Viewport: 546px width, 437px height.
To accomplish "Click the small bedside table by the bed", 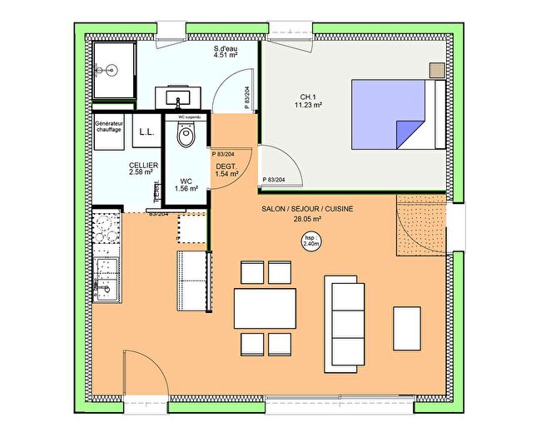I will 436,70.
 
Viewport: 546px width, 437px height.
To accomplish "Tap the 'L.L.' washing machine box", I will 146,132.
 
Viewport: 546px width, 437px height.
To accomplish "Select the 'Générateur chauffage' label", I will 109,127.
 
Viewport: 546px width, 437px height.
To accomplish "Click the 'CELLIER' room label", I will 143,166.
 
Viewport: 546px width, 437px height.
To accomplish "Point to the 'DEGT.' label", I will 226,166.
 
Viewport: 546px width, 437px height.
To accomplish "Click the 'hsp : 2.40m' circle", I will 309,242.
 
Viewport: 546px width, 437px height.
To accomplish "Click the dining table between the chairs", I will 265,308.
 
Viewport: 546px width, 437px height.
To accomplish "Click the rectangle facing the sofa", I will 407,328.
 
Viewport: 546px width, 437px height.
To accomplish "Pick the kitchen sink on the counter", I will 106,279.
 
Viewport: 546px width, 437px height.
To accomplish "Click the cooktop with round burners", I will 106,234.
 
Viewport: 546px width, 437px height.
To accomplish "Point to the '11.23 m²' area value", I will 307,106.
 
